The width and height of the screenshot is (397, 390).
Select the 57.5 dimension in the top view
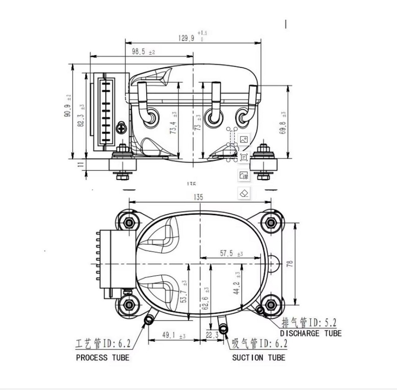tap(227, 254)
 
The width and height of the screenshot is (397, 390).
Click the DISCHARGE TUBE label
tap(310, 334)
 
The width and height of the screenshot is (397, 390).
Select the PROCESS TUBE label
tap(102, 358)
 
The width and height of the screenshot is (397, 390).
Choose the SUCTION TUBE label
tap(258, 358)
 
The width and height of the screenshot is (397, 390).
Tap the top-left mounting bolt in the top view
tap(129, 221)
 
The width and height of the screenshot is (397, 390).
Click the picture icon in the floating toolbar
tap(244, 140)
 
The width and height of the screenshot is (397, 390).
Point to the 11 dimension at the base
tap(81, 164)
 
